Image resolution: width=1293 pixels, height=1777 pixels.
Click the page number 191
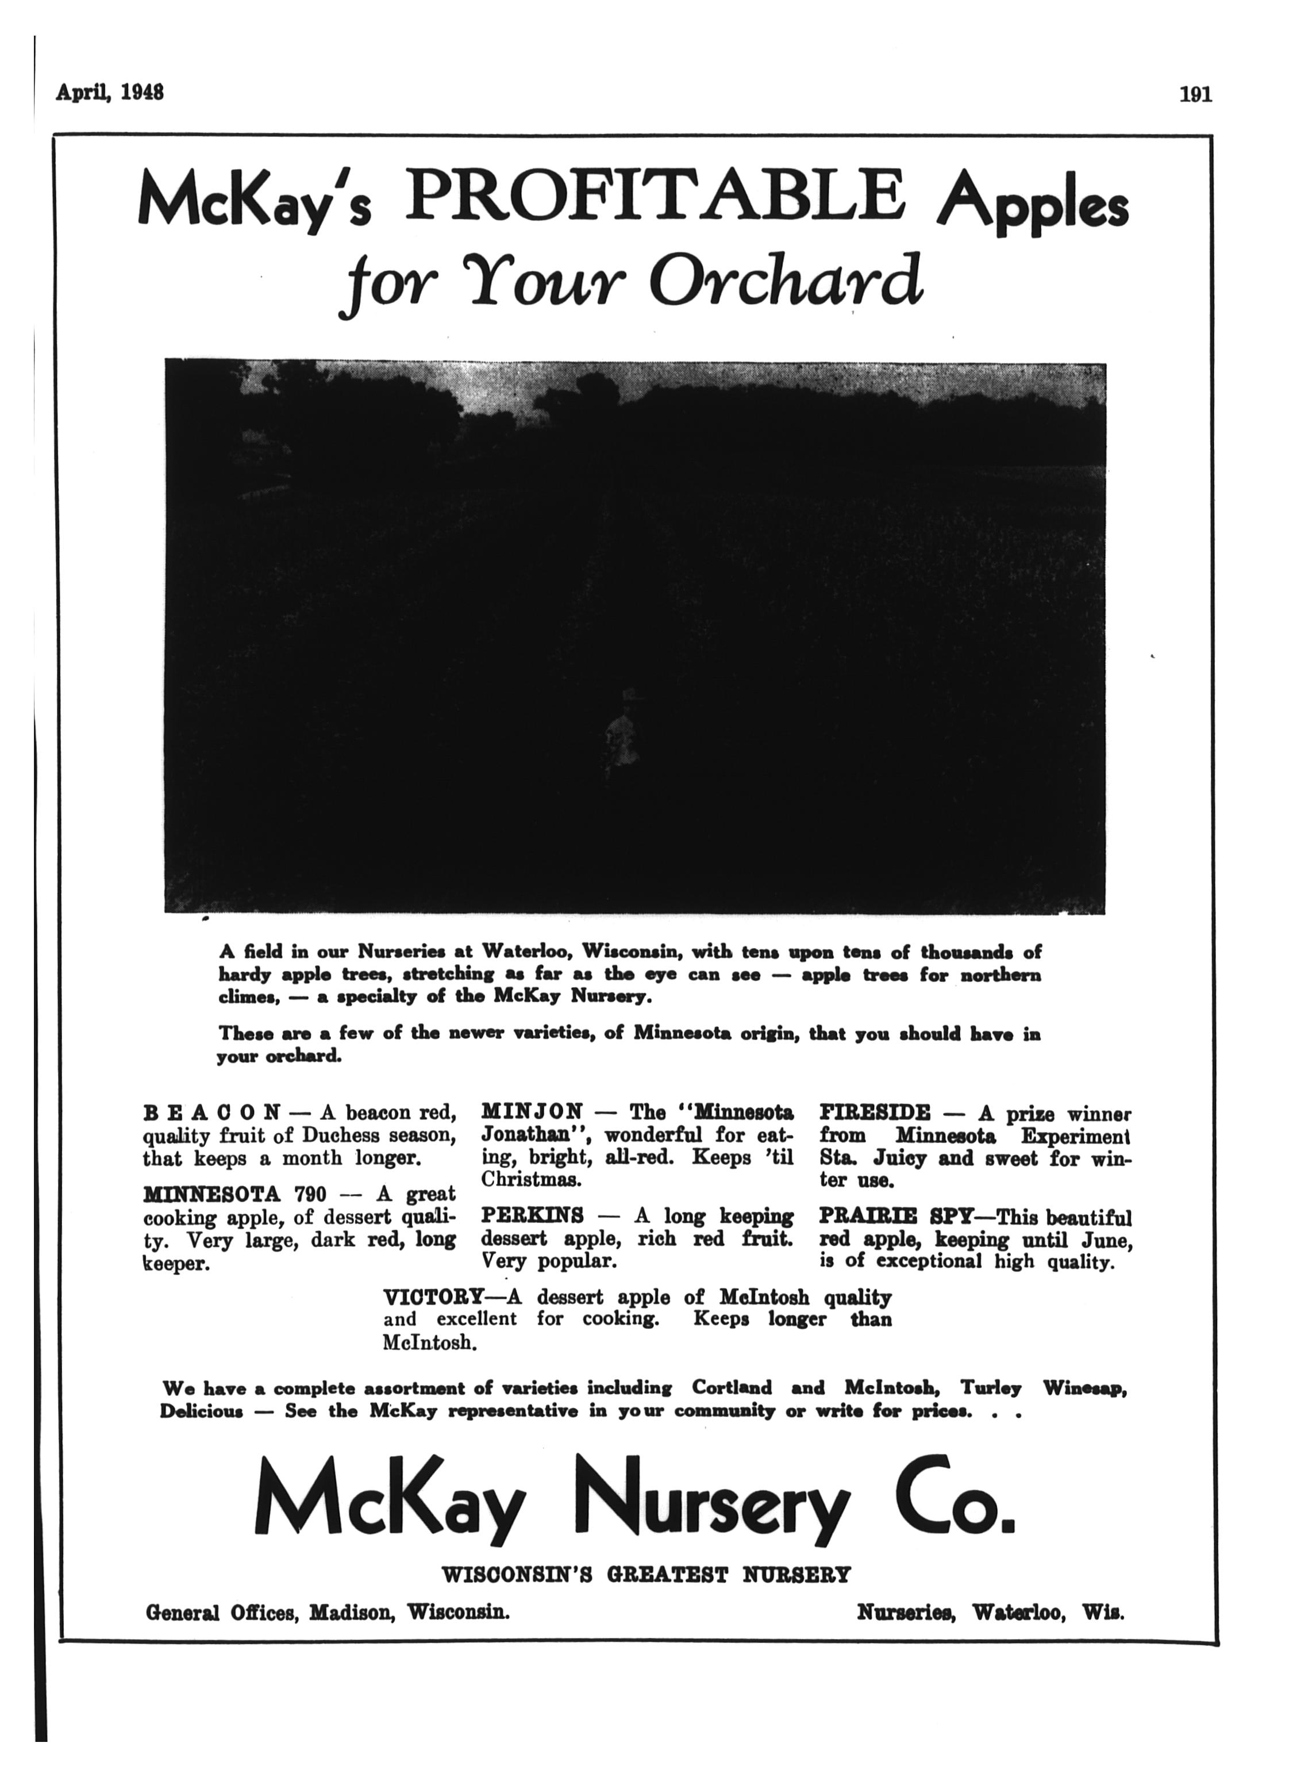1195,95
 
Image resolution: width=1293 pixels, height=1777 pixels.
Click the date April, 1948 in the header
110,93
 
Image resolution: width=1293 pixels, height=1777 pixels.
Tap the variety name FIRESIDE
875,1112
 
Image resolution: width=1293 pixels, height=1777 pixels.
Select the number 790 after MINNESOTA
310,1195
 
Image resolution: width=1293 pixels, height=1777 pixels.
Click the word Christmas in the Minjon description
530,1179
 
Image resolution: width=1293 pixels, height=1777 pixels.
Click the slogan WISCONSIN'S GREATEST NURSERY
646,1574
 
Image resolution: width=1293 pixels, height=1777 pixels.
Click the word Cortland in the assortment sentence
732,1388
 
